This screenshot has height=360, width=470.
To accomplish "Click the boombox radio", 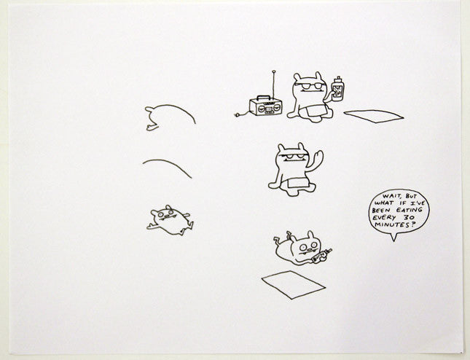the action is click(x=265, y=106).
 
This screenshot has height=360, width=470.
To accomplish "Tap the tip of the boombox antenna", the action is click(x=273, y=71).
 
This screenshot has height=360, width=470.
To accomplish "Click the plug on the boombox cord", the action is click(x=238, y=114).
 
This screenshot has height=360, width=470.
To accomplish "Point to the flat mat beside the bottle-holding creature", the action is click(x=374, y=116).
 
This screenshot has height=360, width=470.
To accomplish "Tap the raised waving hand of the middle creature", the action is click(x=318, y=158).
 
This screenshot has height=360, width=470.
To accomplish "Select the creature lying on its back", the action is click(x=170, y=220).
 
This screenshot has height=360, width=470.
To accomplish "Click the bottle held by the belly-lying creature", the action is click(x=321, y=257).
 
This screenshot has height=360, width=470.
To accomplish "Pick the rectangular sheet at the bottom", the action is click(x=294, y=284).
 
